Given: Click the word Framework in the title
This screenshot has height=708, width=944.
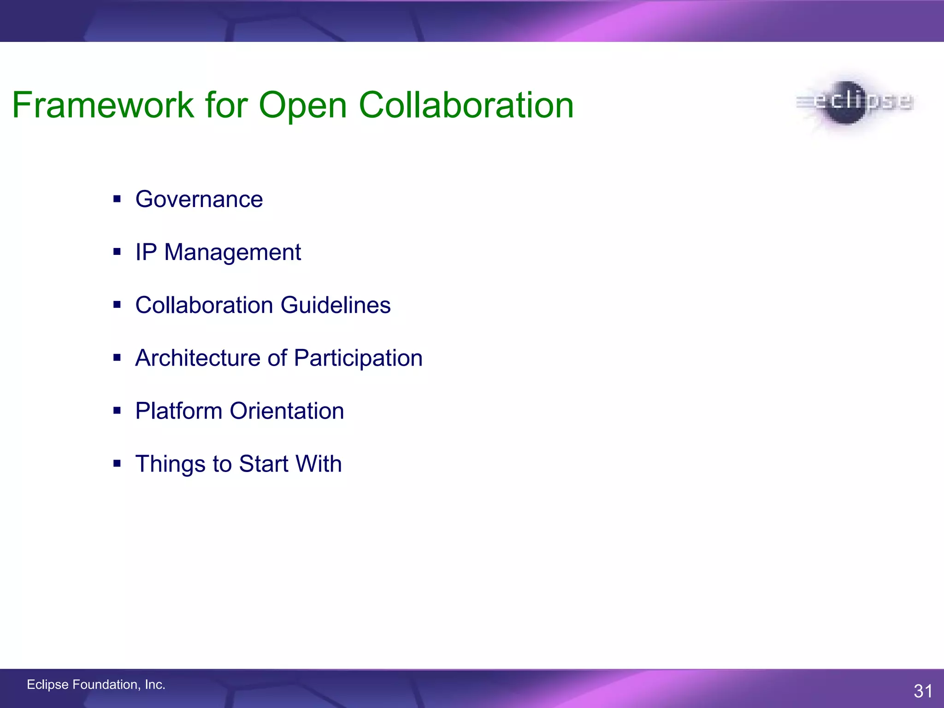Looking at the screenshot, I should pos(103,105).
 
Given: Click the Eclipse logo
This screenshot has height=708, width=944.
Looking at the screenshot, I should pos(854,102).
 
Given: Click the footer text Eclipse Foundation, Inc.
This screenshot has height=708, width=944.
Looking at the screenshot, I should pos(96,684).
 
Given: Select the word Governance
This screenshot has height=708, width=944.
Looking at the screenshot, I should pos(199,200).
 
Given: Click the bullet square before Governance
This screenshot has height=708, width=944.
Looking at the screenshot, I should pos(117,199).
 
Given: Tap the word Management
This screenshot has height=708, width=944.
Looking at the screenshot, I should pos(232,253).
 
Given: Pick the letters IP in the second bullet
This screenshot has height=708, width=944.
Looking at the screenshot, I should pos(146,252).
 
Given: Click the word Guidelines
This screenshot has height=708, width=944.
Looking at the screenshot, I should pos(335,305).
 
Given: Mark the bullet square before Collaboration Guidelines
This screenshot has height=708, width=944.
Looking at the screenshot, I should pos(117,305).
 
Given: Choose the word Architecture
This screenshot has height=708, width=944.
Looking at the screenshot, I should pos(198,358).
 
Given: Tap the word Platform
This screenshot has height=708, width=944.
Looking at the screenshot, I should pos(178,411).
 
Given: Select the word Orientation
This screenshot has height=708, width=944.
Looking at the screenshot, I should pos(287,411).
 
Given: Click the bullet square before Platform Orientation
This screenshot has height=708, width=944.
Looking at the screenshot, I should pos(117,410).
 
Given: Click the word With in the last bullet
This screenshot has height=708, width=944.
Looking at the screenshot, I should pos(319,464).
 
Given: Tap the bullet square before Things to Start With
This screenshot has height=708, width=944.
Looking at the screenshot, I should pos(117,463).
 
